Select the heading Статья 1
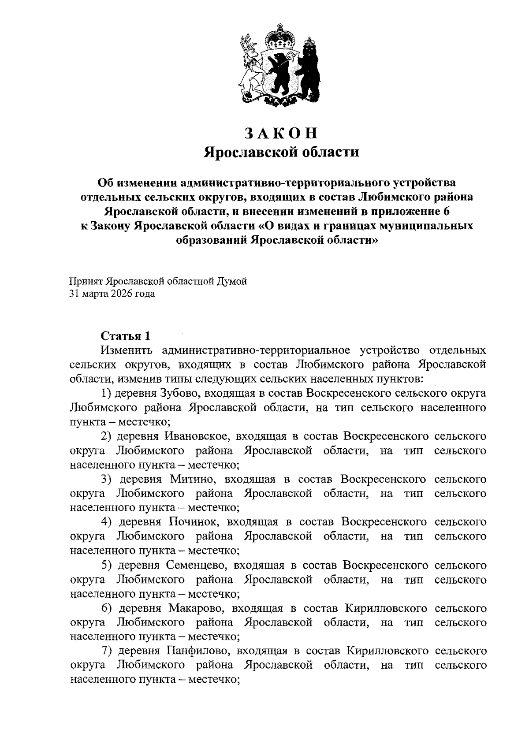coord(126,336)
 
